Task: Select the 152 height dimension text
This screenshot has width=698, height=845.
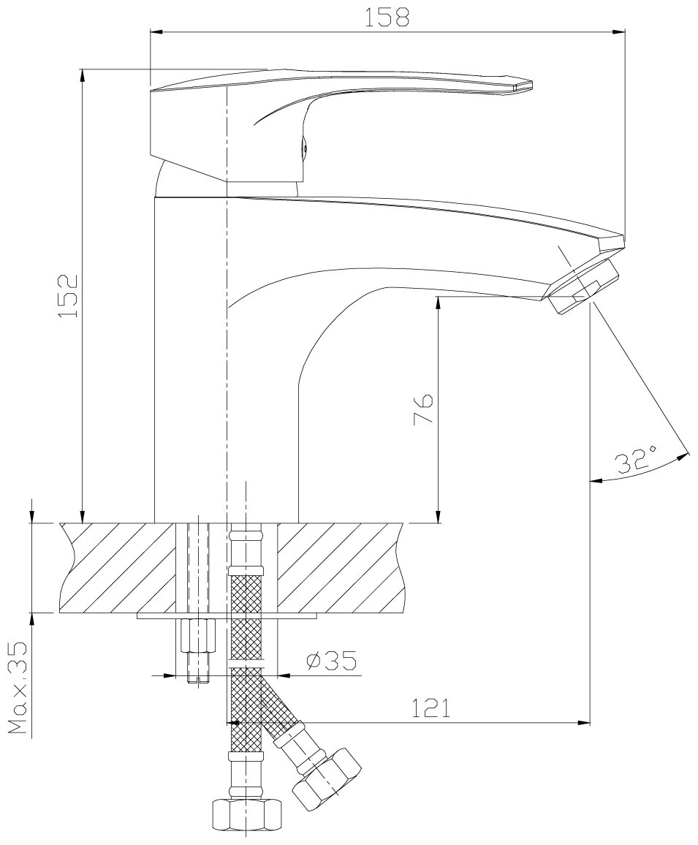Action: pos(68,296)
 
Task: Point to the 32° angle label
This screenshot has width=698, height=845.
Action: pos(634,461)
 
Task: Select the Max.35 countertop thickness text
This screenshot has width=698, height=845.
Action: pos(18,687)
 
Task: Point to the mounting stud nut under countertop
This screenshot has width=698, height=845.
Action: pos(198,636)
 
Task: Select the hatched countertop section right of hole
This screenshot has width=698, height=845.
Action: pos(340,567)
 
